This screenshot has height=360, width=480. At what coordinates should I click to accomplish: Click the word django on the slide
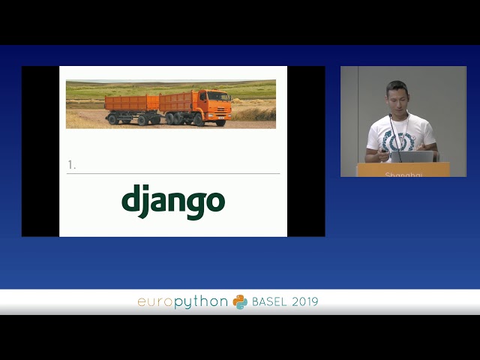(x=173, y=201)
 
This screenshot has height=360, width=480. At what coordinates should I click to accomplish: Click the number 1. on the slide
(x=71, y=165)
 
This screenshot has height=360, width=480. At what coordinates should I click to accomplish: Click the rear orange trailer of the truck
(x=130, y=103)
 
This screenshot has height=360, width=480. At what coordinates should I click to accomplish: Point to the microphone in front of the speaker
(x=392, y=127)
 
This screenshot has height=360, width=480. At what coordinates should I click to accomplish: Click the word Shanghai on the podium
(x=403, y=175)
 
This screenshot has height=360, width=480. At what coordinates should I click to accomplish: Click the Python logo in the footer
(x=240, y=301)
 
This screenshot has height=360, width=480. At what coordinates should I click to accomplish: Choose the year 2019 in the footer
(x=304, y=301)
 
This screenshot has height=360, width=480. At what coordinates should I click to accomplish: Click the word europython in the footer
(x=182, y=301)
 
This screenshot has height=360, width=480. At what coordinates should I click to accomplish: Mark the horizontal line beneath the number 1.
(x=173, y=173)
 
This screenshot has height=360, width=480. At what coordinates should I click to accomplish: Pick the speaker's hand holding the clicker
(x=385, y=154)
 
